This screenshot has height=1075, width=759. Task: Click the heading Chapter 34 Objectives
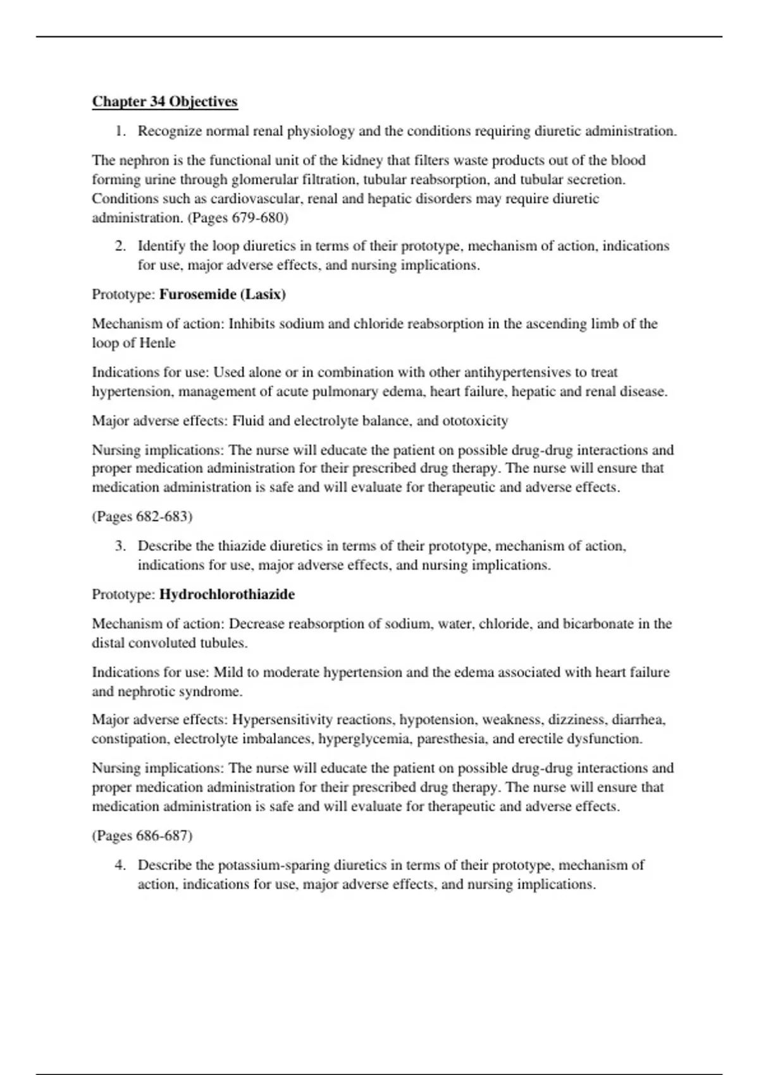[x=164, y=102]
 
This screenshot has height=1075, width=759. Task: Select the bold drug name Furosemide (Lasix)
[x=222, y=295]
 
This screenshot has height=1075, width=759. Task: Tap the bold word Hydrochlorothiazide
[x=226, y=594]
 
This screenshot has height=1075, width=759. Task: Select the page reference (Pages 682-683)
[x=142, y=517]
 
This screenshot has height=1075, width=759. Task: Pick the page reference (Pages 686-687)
[x=142, y=836]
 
